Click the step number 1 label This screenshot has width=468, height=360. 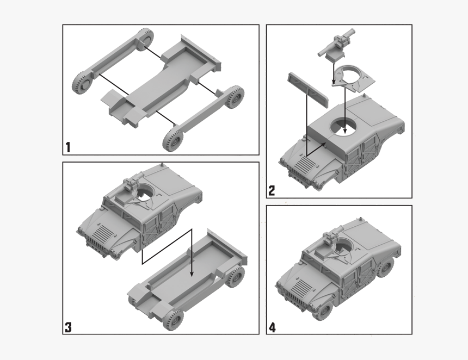coord(68,147)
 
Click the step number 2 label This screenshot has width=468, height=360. coord(272,190)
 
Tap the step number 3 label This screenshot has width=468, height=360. coord(68,327)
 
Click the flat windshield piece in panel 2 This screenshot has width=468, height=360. coord(308,87)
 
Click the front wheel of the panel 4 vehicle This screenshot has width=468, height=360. coord(324,311)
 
